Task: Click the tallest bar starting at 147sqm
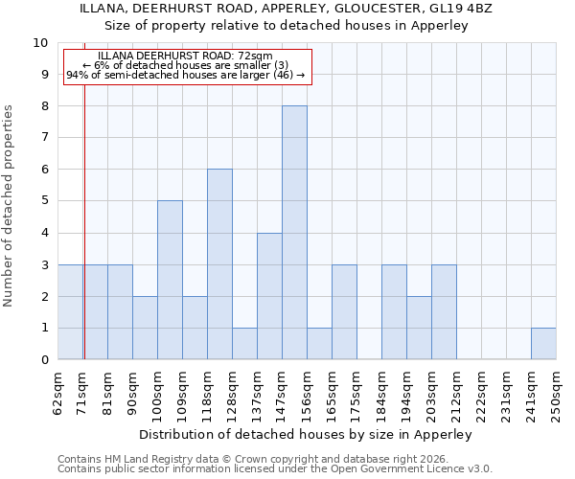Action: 294,233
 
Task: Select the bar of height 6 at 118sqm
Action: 219,264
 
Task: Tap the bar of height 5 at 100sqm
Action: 170,280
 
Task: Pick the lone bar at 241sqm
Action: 543,344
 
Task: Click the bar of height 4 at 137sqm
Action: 269,296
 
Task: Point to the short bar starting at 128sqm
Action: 244,344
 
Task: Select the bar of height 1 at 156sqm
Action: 319,344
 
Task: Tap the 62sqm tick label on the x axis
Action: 58,389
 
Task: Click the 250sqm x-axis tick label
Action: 556,389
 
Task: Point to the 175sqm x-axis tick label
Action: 356,389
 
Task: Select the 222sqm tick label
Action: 481,389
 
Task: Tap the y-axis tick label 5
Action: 44,201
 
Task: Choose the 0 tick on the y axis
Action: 44,359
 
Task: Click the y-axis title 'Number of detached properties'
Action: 10,206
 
